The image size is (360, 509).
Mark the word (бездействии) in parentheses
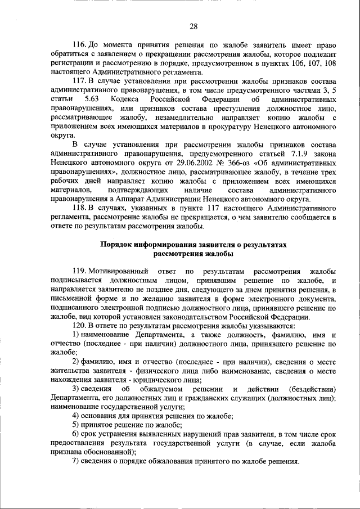[312, 389]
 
